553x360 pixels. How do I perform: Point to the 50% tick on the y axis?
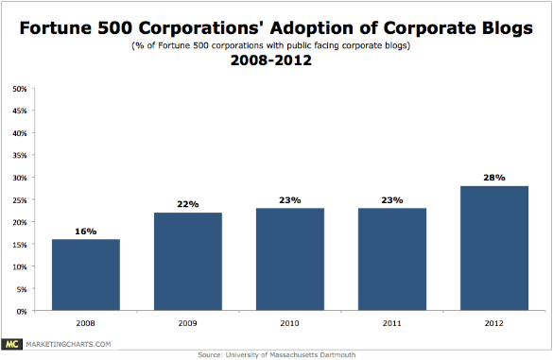(19, 90)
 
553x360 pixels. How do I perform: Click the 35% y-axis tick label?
(19, 156)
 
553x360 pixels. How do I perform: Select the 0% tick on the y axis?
(21, 311)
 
